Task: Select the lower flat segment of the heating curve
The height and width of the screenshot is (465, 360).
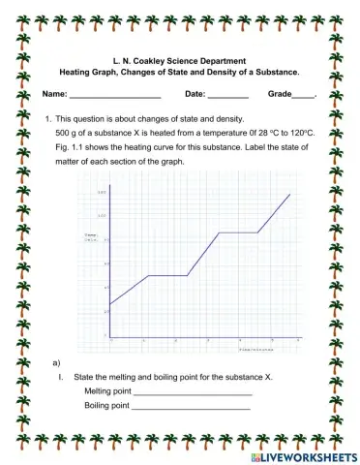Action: tap(165, 275)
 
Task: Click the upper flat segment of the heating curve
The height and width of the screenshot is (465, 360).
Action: tap(238, 232)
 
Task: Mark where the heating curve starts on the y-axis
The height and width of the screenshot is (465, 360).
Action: tap(109, 305)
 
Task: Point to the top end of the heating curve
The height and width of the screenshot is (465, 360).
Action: tap(290, 195)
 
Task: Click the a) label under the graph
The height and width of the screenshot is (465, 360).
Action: tap(57, 360)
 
